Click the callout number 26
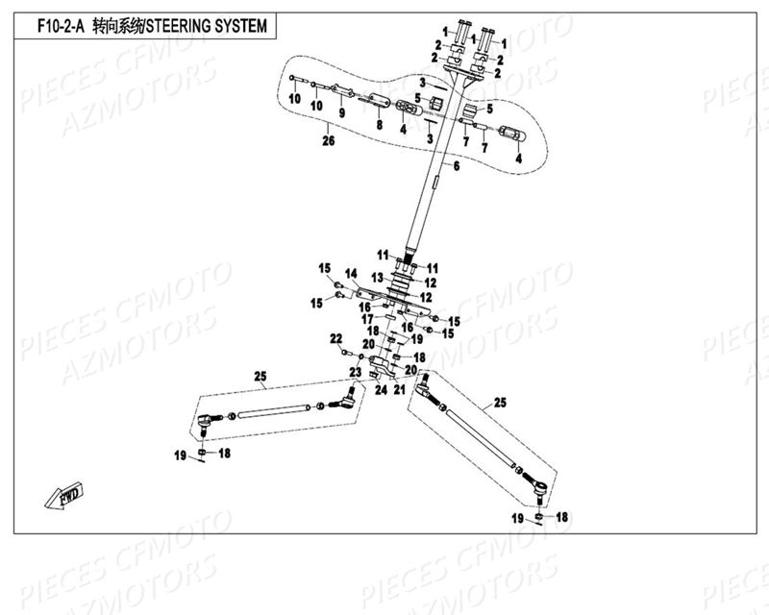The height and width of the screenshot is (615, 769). pos(329,142)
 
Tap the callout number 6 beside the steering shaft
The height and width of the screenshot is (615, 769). pos(457,167)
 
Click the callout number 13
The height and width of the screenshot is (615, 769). pos(352,277)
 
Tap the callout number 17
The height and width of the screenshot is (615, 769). pos(366,318)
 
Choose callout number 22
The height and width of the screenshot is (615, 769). pos(335,338)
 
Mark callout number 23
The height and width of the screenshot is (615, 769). pos(355,372)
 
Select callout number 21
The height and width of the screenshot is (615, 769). pos(397,390)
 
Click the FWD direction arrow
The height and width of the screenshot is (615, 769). pos(57,496)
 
